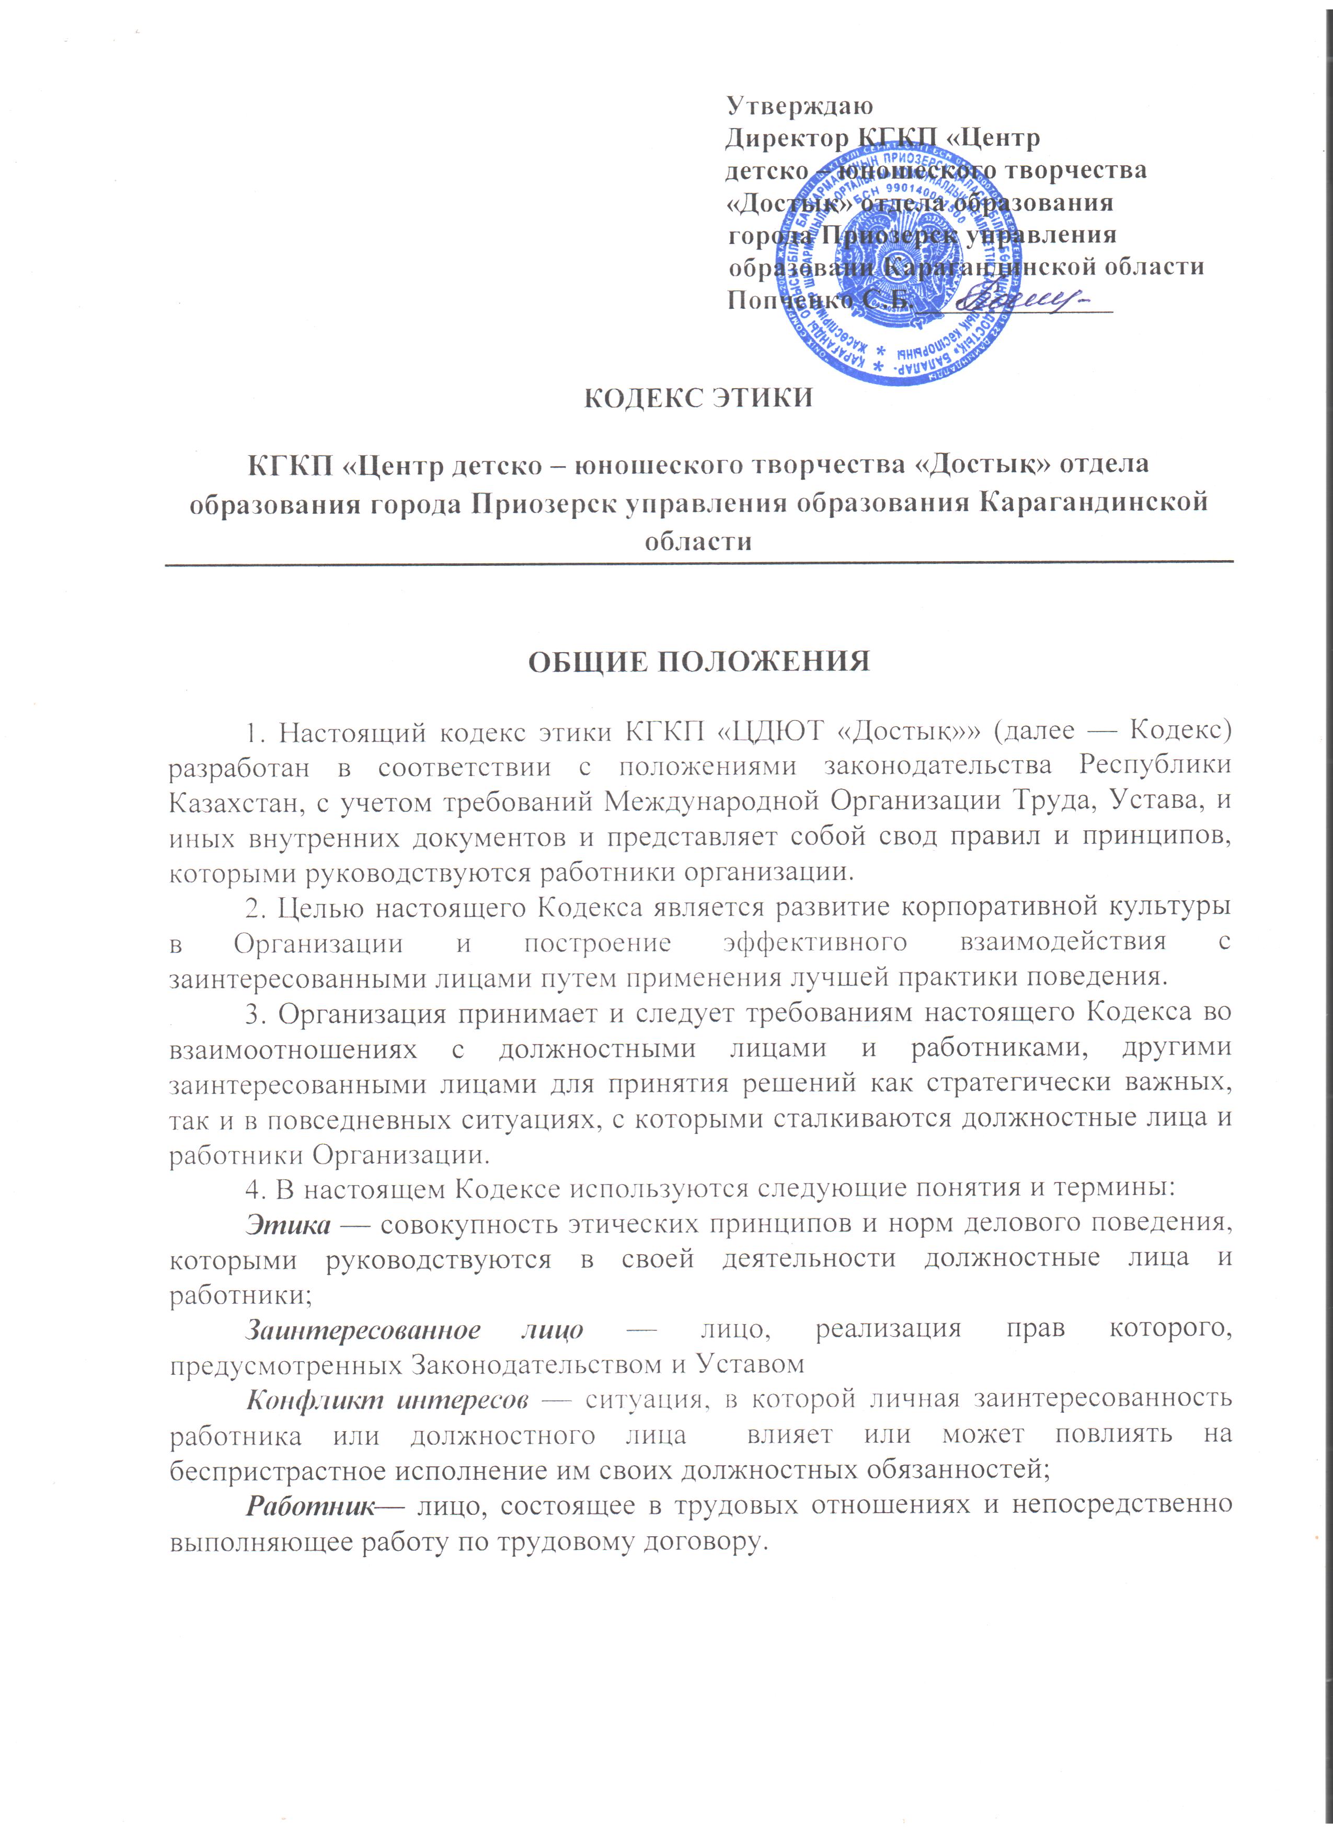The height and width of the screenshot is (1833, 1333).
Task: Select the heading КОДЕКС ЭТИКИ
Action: tap(698, 399)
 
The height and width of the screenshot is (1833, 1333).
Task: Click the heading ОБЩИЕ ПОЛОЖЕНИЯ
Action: tap(698, 661)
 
